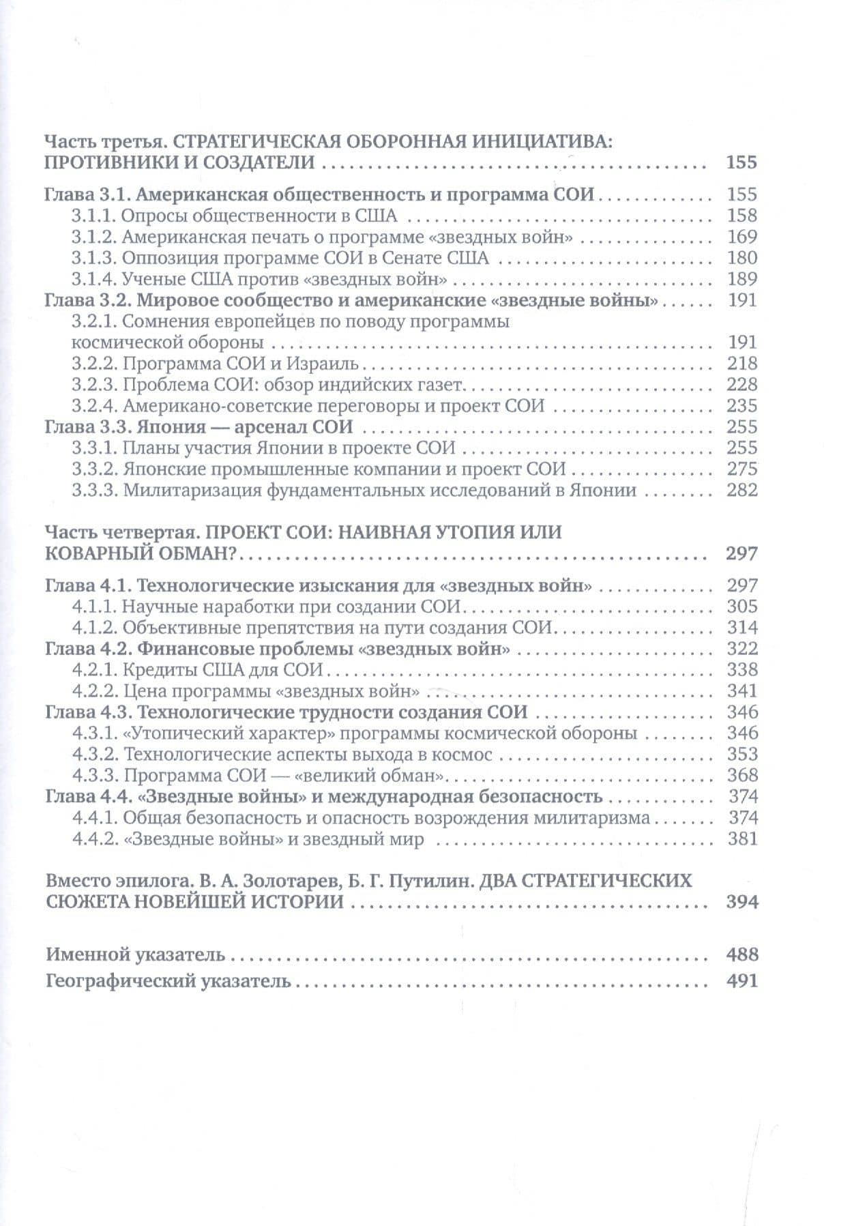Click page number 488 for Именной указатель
(x=742, y=954)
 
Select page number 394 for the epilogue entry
(x=742, y=902)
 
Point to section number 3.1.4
(x=93, y=278)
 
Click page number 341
(x=742, y=690)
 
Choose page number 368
(x=742, y=775)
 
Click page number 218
(x=742, y=363)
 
